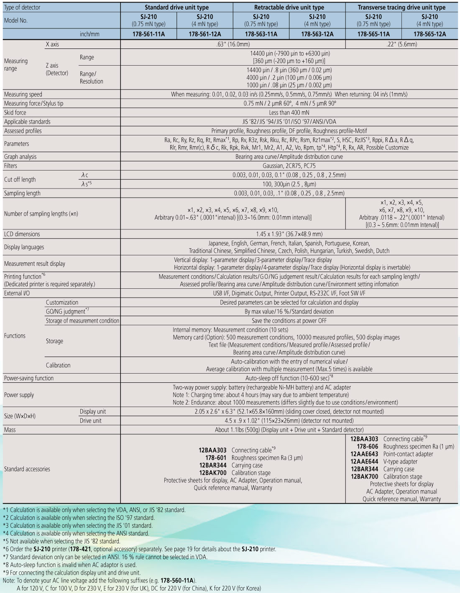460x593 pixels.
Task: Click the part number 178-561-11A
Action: (148, 34)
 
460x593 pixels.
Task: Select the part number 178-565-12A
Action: (429, 34)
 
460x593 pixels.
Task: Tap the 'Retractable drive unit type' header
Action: (289, 8)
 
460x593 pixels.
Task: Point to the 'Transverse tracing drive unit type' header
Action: (401, 8)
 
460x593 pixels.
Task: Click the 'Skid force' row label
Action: (15, 112)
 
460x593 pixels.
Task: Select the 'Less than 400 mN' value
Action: (289, 112)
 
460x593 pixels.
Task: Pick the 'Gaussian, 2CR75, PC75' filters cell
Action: (289, 166)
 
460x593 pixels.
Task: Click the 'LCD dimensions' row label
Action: (22, 234)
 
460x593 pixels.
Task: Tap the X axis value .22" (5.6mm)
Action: (401, 44)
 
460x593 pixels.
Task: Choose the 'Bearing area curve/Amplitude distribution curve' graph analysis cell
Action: (289, 157)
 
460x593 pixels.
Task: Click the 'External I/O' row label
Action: (17, 293)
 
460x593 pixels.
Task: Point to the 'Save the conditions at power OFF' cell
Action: (289, 321)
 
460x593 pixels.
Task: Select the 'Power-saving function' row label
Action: (29, 378)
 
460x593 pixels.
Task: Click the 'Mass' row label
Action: (10, 430)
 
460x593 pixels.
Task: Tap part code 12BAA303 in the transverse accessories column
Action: (364, 439)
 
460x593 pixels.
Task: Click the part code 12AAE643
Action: (364, 454)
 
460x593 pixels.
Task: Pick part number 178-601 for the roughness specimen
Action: (216, 458)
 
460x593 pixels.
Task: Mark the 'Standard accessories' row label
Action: (27, 469)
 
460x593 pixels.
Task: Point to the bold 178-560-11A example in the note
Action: (177, 580)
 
